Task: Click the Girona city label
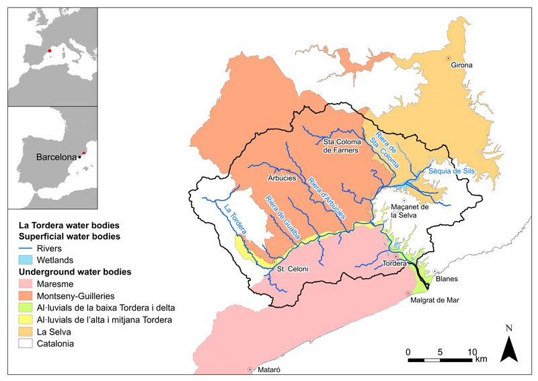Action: pos(462,65)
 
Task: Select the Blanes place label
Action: pos(447,278)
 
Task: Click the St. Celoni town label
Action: pos(293,269)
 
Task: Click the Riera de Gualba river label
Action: pos(282,217)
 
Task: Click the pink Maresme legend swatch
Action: pos(26,283)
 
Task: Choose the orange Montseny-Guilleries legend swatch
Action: pos(26,296)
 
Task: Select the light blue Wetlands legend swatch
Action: pos(26,259)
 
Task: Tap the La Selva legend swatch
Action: pos(26,332)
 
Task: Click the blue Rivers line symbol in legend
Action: pos(26,248)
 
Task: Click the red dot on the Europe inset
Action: pos(49,50)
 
